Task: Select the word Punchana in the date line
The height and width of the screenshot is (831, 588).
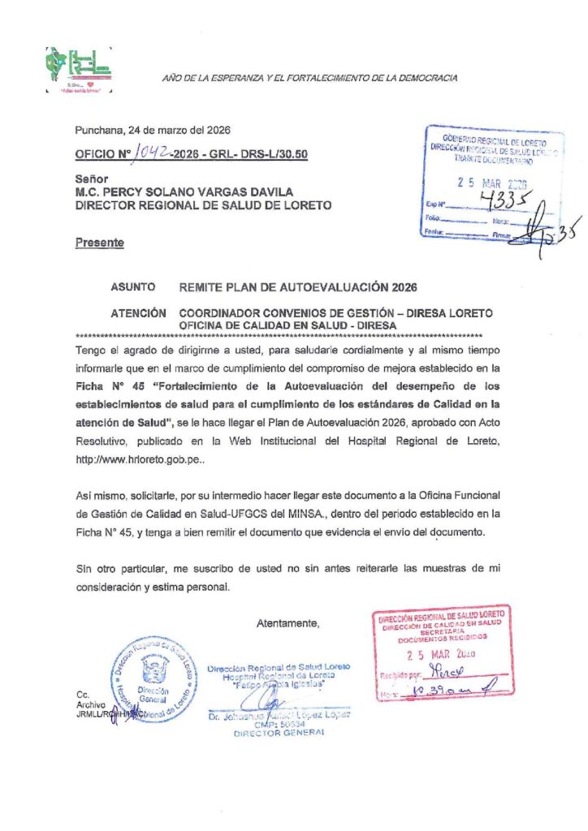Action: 96,131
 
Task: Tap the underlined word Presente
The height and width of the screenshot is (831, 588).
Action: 100,243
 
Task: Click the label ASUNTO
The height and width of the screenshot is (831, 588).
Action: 132,287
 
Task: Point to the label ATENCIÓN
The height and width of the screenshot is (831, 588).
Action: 139,313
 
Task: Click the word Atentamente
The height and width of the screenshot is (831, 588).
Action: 288,624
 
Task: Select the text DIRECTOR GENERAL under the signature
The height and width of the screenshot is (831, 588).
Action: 279,732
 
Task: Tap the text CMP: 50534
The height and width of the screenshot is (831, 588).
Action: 279,724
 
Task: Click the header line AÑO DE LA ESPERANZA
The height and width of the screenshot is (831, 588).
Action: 309,78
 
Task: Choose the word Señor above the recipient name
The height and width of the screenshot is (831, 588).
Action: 92,179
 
